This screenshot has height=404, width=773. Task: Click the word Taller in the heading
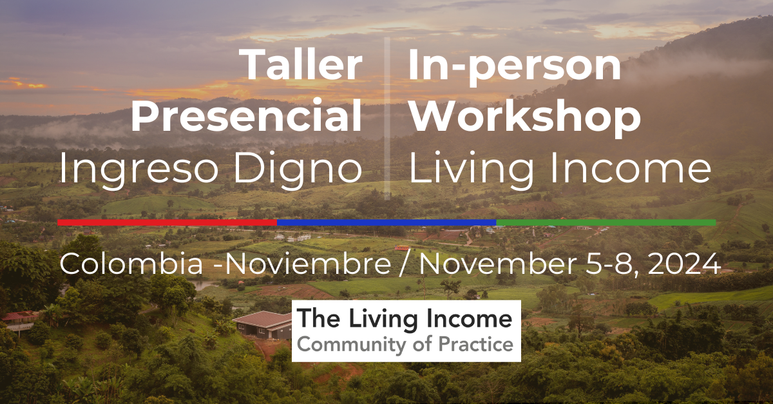tap(301, 66)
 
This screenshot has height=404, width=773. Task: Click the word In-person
tap(515, 66)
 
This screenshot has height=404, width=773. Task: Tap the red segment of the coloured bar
tap(167, 222)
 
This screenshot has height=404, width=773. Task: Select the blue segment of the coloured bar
tap(386, 222)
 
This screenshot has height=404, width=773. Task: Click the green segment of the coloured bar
tap(606, 222)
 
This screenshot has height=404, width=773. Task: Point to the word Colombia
tap(113, 265)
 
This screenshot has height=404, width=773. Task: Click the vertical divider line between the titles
tap(386, 116)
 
